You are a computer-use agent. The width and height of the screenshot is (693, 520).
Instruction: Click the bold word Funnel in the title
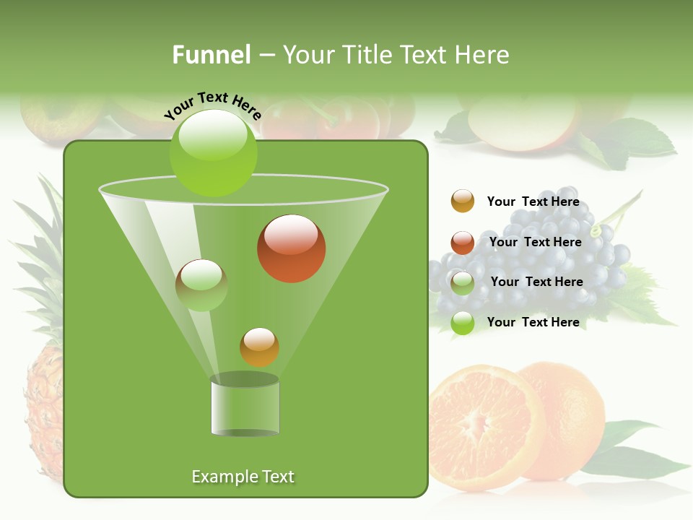[211, 55]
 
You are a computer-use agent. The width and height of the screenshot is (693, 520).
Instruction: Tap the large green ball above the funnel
[213, 152]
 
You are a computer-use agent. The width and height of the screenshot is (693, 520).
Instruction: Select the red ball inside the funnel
[291, 248]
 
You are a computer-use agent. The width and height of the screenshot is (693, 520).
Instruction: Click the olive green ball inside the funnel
[201, 285]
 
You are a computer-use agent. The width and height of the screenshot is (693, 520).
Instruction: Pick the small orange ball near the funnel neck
[260, 347]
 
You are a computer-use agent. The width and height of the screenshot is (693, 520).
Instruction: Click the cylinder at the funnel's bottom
[245, 406]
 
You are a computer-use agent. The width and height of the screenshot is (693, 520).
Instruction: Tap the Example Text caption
[243, 477]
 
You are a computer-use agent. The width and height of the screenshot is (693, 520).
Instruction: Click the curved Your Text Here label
[212, 104]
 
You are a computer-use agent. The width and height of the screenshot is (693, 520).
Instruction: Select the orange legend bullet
[463, 201]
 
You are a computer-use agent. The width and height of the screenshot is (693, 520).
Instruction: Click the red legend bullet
[463, 243]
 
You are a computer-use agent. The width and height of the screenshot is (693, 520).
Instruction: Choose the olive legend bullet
[463, 283]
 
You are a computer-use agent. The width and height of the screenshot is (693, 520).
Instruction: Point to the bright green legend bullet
[463, 323]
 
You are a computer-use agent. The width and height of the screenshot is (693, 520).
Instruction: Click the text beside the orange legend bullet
[533, 202]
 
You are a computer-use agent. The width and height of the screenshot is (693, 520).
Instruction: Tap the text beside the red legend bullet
[535, 243]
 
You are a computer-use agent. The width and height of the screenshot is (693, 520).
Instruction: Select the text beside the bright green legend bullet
[533, 322]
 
